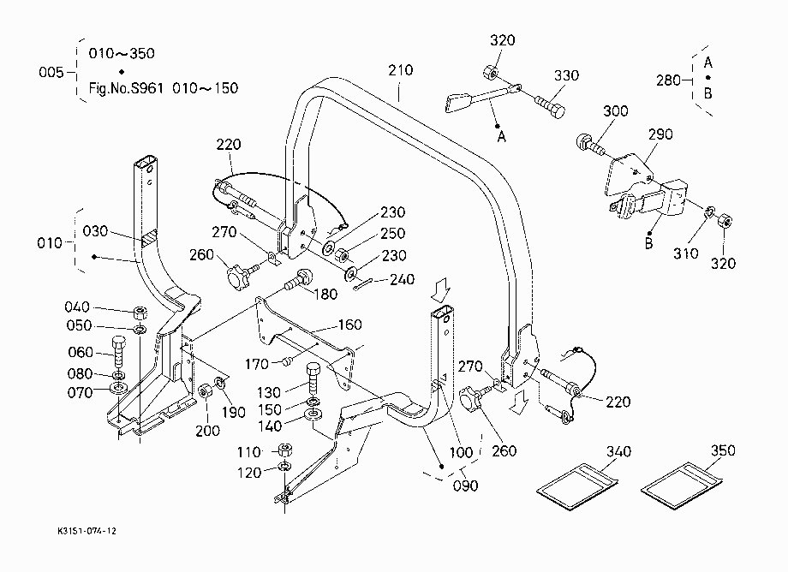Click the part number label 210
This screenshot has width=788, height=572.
click(401, 70)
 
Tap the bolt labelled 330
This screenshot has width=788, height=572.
click(550, 107)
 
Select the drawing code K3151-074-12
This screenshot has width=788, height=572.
click(87, 531)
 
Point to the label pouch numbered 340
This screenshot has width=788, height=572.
click(577, 486)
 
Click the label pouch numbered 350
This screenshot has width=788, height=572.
click(682, 486)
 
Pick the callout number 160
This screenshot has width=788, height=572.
click(349, 325)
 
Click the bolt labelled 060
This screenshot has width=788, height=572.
click(118, 352)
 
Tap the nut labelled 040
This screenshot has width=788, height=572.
click(140, 313)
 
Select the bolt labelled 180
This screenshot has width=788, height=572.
click(300, 279)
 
